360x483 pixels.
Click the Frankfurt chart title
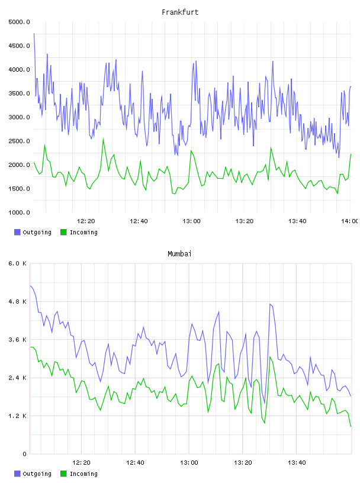[180, 12]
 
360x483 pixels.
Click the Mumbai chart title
[179, 254]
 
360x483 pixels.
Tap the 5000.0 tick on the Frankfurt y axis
[19, 22]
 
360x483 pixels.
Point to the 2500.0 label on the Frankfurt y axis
[19, 141]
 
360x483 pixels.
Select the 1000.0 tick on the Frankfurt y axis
[19, 212]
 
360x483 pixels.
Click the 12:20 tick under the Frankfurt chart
[86, 221]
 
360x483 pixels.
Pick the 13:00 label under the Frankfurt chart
[191, 221]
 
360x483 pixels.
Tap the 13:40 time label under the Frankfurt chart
[297, 221]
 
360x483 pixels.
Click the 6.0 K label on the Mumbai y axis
[18, 263]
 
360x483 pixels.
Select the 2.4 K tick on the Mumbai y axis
[18, 378]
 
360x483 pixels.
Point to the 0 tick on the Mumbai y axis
[25, 454]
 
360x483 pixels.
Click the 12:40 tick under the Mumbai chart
[135, 463]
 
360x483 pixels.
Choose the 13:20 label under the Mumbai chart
[243, 463]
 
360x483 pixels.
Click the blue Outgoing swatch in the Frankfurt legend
[17, 232]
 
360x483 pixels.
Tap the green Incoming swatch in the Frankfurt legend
[63, 232]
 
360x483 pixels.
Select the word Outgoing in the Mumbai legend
[37, 474]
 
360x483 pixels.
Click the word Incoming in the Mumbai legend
[83, 474]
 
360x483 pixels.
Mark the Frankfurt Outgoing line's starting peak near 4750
[34, 33]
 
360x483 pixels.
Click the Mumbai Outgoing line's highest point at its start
[30, 286]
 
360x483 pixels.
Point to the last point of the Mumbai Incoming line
[351, 427]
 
